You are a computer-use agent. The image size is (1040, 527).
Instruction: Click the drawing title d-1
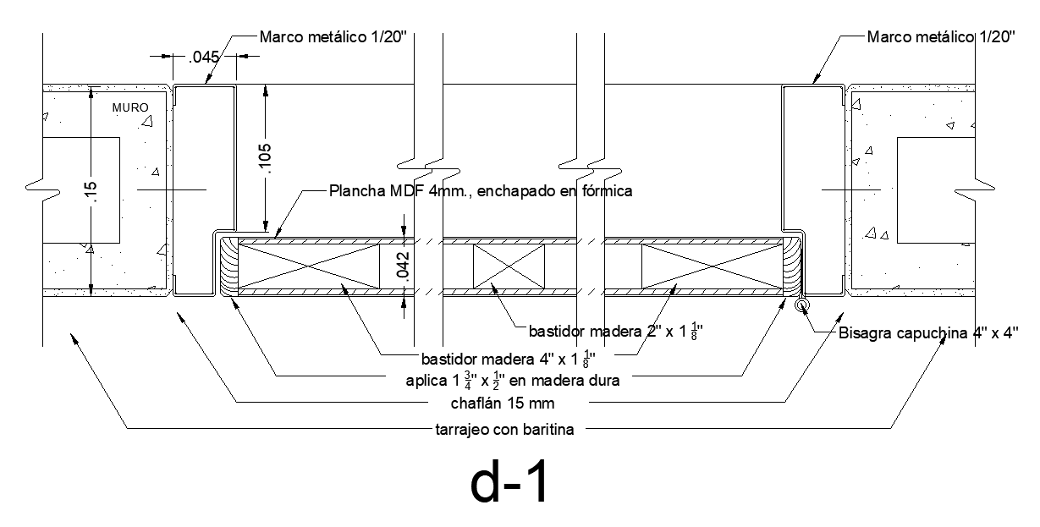point(510,485)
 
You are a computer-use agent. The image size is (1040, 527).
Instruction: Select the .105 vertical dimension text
point(265,156)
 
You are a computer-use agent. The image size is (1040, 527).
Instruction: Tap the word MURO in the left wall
point(130,108)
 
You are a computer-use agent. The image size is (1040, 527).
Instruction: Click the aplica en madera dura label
point(514,380)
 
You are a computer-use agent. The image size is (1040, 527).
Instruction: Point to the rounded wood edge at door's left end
point(228,266)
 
